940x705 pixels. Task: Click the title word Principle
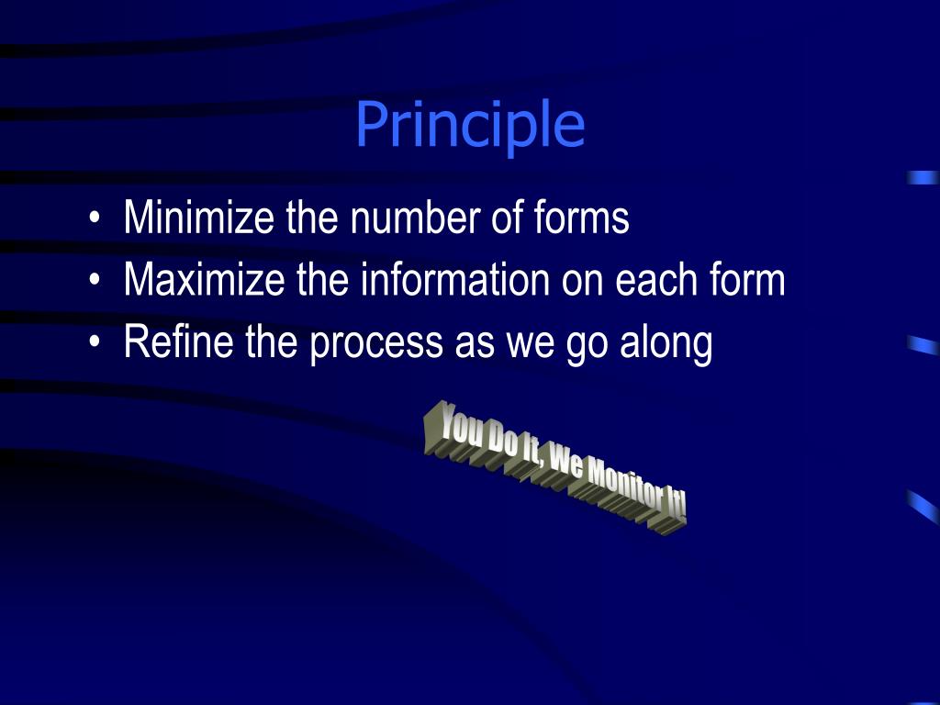click(470, 126)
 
